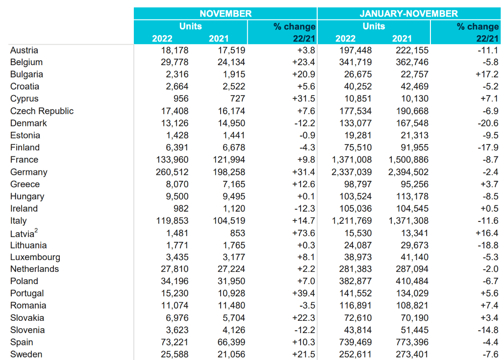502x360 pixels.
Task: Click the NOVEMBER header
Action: tap(226, 13)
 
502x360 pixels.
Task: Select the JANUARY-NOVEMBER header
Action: tap(408, 13)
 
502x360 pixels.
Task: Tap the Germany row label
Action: tap(29, 172)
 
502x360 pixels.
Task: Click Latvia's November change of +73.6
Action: tap(303, 233)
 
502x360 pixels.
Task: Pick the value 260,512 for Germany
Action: tap(172, 172)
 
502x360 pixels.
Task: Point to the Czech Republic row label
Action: tap(42, 111)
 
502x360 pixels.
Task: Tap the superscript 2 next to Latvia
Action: tap(36, 230)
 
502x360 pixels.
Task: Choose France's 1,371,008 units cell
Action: tap(351, 160)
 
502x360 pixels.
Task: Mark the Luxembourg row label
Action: tap(35, 257)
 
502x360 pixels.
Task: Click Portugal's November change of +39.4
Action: tap(303, 293)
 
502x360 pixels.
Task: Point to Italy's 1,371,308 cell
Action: tap(408, 221)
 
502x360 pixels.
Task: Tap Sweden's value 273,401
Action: tap(412, 354)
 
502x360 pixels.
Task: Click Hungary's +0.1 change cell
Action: tap(306, 196)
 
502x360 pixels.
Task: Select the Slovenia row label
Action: tap(27, 330)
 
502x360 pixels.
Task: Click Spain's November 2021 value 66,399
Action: tap(231, 342)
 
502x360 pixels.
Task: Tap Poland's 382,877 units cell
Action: tap(355, 281)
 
